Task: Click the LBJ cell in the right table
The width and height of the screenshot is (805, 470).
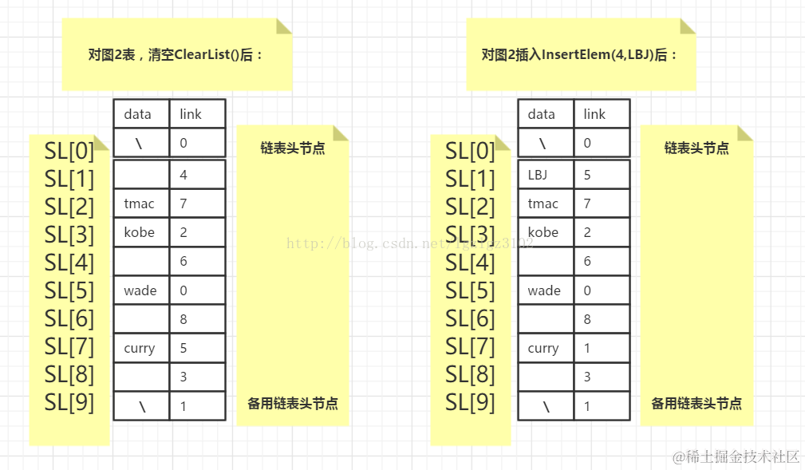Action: tap(538, 175)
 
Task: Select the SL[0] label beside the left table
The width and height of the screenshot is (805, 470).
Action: tap(69, 151)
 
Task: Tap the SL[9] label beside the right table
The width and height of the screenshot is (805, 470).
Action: tap(470, 403)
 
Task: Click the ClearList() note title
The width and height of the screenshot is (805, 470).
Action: tap(176, 55)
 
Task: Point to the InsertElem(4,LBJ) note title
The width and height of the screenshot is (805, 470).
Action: tap(580, 55)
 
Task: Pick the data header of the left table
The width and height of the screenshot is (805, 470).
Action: tap(137, 114)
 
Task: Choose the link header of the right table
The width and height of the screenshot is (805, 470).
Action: tap(594, 114)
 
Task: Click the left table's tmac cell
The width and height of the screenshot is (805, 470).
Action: tap(139, 203)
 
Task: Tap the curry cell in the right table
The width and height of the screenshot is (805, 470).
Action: tap(543, 348)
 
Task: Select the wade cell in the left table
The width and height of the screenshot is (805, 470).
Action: tap(140, 290)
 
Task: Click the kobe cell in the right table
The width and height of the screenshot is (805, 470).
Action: tap(543, 232)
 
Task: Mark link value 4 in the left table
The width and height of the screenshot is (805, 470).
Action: tap(183, 175)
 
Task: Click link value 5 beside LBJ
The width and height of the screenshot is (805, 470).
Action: tap(587, 175)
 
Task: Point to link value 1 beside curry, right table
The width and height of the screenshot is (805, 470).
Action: tap(587, 348)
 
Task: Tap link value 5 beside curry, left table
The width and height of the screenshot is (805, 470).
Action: tap(183, 348)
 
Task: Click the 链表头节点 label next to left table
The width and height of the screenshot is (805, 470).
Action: tap(293, 148)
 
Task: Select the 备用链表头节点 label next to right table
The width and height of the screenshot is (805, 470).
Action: tap(696, 404)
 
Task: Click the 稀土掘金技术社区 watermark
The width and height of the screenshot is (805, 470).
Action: tap(736, 456)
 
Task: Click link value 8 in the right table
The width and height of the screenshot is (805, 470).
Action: tap(587, 319)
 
